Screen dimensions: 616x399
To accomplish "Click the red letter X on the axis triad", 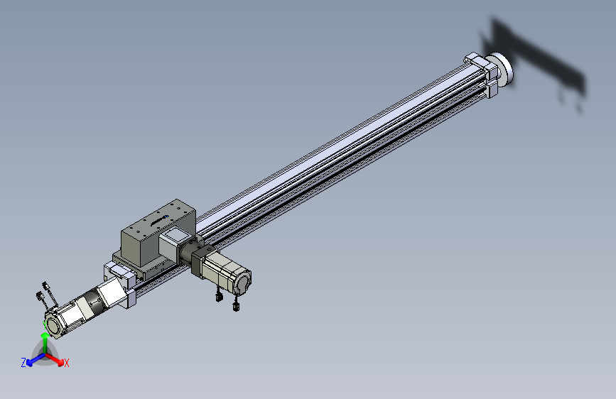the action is pyautogui.click(x=67, y=364).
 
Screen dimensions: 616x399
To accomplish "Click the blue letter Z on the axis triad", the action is pyautogui.click(x=23, y=363).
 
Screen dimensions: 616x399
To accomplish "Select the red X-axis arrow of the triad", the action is pyautogui.click(x=55, y=360).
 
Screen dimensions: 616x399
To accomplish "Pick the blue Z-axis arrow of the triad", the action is pyautogui.click(x=36, y=359).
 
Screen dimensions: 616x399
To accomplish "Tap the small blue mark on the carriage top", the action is pyautogui.click(x=166, y=216).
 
